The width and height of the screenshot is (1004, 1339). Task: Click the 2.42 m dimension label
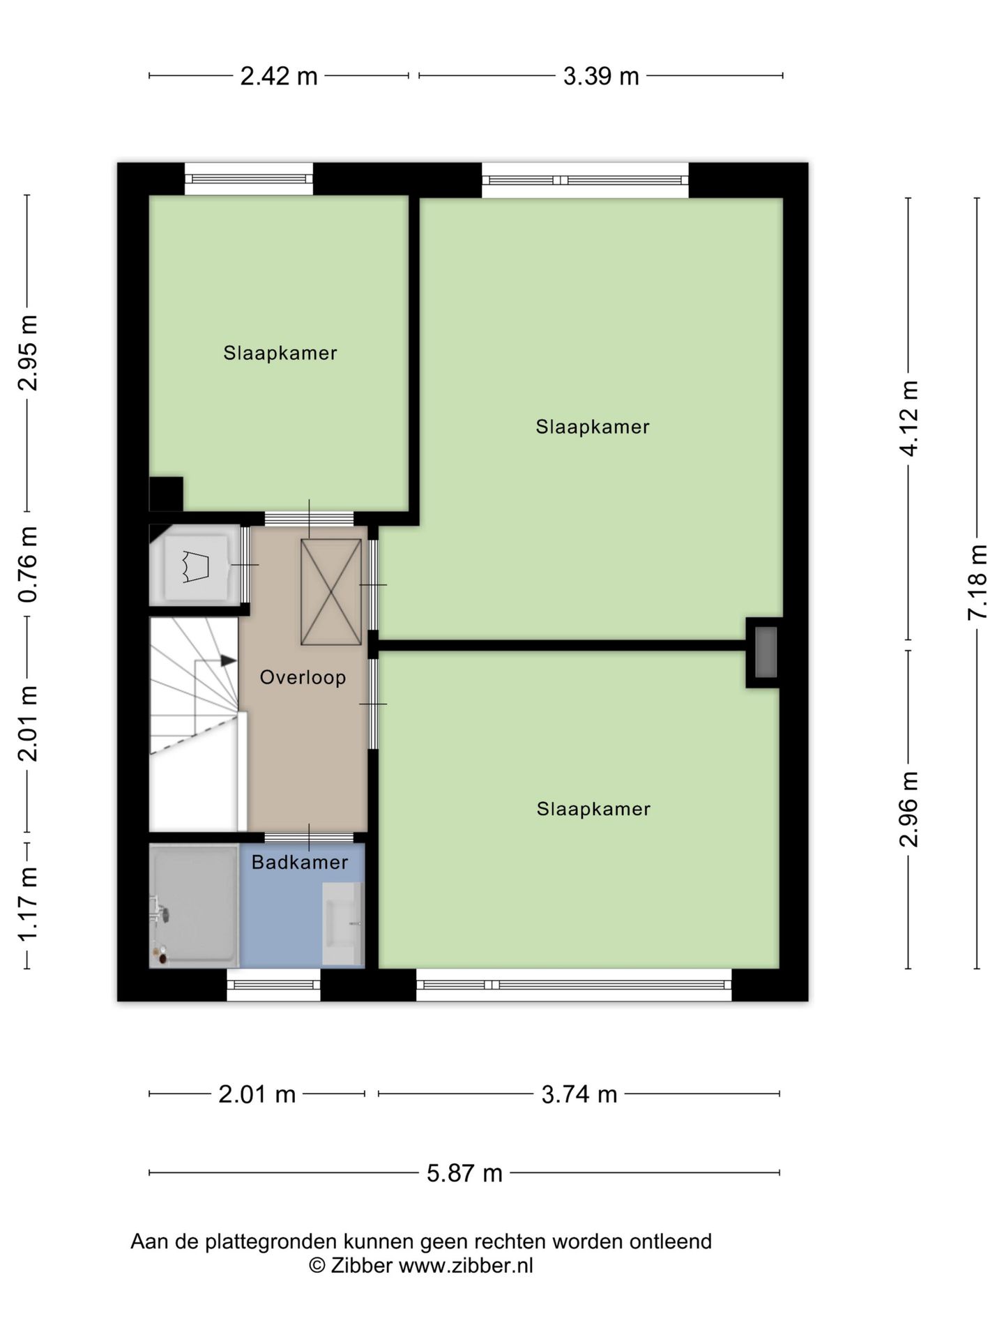(279, 76)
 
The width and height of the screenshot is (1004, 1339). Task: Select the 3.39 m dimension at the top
(601, 76)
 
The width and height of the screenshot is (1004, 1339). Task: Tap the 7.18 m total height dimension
(978, 582)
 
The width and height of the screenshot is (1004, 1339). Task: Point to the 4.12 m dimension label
(908, 419)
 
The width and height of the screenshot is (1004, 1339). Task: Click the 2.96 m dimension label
(908, 810)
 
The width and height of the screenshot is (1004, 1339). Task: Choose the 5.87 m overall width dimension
(464, 1173)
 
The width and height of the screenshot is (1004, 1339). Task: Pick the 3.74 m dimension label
(579, 1094)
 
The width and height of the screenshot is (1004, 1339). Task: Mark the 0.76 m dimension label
(28, 564)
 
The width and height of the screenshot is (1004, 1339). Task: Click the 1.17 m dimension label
(28, 905)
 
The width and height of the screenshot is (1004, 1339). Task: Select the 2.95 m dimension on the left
(28, 352)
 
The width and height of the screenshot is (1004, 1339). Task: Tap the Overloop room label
(303, 677)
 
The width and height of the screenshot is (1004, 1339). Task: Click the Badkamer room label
(300, 863)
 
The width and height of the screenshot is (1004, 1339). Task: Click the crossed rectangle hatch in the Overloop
(331, 591)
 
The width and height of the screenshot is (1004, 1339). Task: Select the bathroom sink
(342, 923)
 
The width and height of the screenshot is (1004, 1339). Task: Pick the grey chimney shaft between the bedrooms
(766, 652)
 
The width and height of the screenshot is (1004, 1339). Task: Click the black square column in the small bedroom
(166, 494)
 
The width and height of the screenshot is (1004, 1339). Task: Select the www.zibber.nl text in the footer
(466, 1266)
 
